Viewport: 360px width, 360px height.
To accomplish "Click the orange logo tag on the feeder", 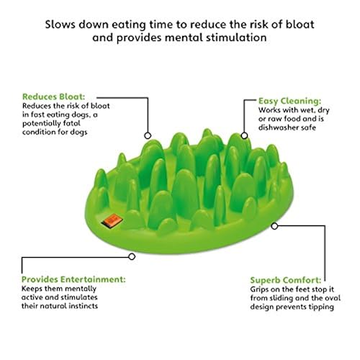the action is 112,220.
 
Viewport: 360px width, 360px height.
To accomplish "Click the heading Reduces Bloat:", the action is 54,96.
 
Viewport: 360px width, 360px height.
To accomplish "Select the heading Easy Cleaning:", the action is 289,101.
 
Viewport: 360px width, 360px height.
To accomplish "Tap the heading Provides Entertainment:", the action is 73,279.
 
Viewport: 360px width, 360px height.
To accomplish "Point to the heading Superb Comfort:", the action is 286,280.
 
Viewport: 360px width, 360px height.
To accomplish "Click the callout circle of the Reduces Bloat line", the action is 148,135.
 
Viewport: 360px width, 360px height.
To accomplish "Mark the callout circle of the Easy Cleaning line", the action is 244,135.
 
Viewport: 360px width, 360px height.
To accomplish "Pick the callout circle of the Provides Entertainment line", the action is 132,256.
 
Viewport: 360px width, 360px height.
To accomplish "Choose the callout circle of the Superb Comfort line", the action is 274,226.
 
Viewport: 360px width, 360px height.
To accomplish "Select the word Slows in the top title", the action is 60,24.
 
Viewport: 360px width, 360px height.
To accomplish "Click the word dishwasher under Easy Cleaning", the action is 278,127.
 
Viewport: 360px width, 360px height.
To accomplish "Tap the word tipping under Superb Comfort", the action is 321,307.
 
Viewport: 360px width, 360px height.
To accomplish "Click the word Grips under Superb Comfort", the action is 259,289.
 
